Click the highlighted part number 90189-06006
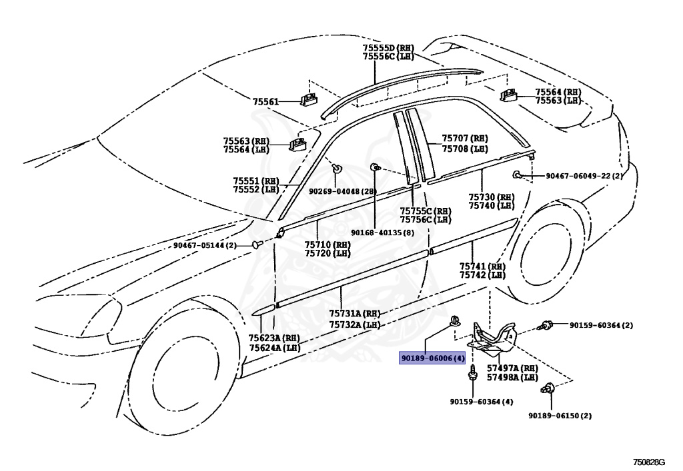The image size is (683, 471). [x=432, y=358]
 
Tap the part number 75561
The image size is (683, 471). [x=265, y=102]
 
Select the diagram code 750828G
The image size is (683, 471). [x=649, y=462]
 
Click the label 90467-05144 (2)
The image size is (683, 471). [x=205, y=245]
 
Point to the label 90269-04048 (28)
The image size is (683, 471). [x=343, y=191]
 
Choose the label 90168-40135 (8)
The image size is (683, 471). [x=382, y=233]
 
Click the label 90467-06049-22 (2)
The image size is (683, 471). [x=584, y=176]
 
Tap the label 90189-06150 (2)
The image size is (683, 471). [x=560, y=415]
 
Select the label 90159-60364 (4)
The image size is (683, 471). [x=482, y=402]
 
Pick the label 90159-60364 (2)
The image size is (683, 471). [x=601, y=325]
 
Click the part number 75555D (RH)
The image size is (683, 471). [x=388, y=48]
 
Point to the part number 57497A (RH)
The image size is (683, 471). [x=512, y=368]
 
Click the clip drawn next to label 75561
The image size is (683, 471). [x=308, y=99]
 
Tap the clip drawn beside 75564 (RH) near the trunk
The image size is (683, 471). [x=508, y=95]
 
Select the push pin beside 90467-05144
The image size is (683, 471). [x=257, y=244]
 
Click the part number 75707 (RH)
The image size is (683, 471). [x=465, y=139]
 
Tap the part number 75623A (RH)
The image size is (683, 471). [x=274, y=338]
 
